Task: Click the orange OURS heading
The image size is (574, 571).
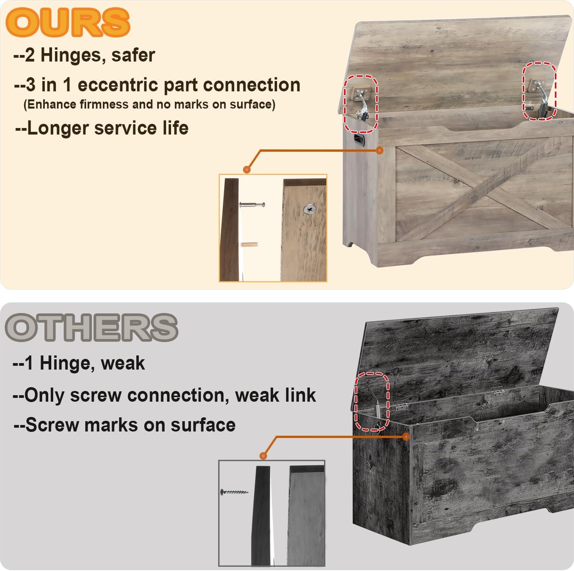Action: [x=68, y=22]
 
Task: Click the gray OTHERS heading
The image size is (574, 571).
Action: [x=91, y=327]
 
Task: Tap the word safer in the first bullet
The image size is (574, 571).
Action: [x=133, y=55]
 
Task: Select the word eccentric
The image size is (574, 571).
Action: [x=118, y=85]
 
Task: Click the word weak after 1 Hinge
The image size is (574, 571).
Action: [x=123, y=363]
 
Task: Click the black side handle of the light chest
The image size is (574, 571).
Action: [x=359, y=139]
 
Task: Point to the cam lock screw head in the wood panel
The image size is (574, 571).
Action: [x=310, y=210]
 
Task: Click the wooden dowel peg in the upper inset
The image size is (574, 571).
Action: [x=249, y=244]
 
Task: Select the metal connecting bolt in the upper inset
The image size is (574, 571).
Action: [x=252, y=205]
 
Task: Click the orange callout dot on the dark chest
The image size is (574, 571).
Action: [x=406, y=436]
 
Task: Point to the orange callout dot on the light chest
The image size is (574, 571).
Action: [x=379, y=150]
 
